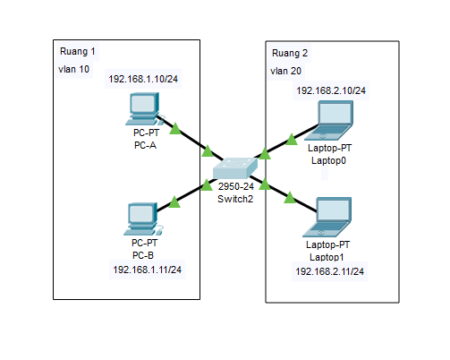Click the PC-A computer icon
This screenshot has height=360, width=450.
[x=143, y=108]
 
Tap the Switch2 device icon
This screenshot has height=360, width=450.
[x=235, y=167]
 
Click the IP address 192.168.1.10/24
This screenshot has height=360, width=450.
[x=146, y=79]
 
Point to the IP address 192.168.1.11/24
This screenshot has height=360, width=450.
[x=148, y=269]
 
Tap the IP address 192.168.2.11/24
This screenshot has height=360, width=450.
[x=330, y=270]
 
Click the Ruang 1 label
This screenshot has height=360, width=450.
[x=78, y=52]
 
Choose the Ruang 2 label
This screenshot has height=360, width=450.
[x=290, y=54]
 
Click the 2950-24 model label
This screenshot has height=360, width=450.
[x=236, y=186]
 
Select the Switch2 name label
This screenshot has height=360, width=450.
[x=236, y=198]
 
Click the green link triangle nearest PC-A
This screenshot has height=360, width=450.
[x=175, y=128]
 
